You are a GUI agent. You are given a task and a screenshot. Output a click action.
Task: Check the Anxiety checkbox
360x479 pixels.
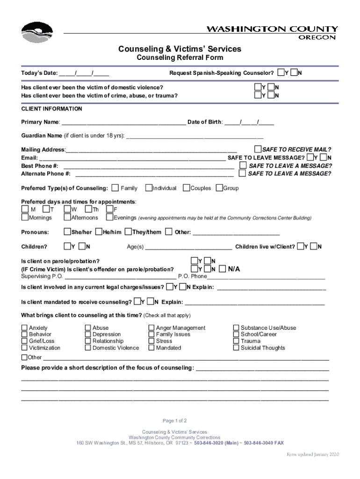[24, 328]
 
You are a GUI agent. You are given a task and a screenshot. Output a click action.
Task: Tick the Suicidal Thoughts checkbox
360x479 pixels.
[236, 348]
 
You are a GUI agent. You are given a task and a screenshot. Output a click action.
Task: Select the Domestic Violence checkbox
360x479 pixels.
[88, 348]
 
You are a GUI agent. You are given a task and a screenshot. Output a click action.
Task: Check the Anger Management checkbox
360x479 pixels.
[151, 328]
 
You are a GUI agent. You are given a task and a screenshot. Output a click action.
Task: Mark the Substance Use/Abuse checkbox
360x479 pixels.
[236, 328]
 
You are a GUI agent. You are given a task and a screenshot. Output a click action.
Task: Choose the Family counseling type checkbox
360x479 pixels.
[115, 188]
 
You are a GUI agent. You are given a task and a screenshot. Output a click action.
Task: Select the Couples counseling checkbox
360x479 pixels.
[186, 188]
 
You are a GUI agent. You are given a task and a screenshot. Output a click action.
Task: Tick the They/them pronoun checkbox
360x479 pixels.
[128, 232]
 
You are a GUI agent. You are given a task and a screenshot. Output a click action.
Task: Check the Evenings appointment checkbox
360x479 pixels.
[109, 218]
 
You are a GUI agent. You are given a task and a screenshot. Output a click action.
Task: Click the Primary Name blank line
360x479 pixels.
[123, 123]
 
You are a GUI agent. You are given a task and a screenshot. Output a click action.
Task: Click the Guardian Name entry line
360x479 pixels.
[195, 137]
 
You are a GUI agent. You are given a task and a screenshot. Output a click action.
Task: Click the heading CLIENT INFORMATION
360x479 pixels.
[52, 109]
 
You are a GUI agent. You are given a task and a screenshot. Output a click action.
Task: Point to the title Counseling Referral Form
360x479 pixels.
[180, 58]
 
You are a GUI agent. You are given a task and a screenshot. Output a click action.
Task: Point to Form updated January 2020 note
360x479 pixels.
[312, 455]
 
